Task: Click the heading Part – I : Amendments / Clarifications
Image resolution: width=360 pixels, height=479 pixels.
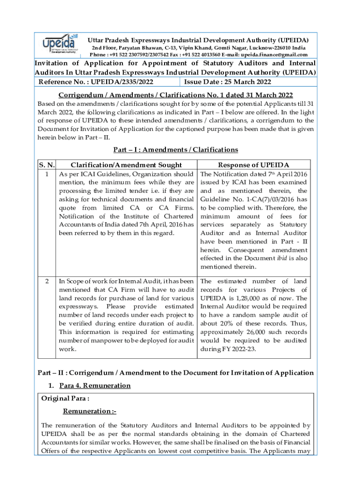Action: click(x=175, y=150)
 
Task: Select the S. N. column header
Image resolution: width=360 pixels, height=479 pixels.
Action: click(x=46, y=165)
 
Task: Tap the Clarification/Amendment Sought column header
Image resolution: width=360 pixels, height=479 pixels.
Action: click(x=126, y=165)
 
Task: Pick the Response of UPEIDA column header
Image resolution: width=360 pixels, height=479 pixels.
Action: click(x=253, y=165)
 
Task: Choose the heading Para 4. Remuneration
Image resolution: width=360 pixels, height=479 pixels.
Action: click(x=95, y=385)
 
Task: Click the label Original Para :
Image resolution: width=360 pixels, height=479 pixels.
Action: click(x=65, y=399)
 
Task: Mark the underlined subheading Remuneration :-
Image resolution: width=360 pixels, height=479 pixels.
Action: click(x=90, y=411)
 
